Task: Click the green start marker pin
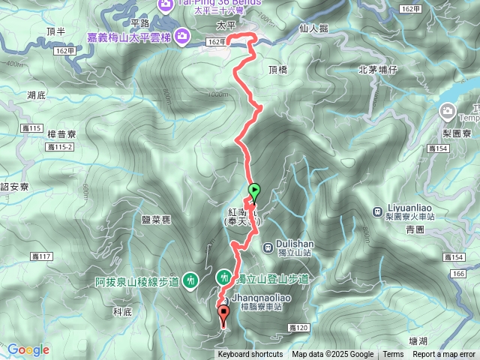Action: pos(253,192)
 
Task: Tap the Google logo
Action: pos(28,349)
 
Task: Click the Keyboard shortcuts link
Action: pos(250,355)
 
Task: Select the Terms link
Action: pos(393,355)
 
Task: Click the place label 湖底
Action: pos(36,95)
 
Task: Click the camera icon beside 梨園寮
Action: pos(448,112)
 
